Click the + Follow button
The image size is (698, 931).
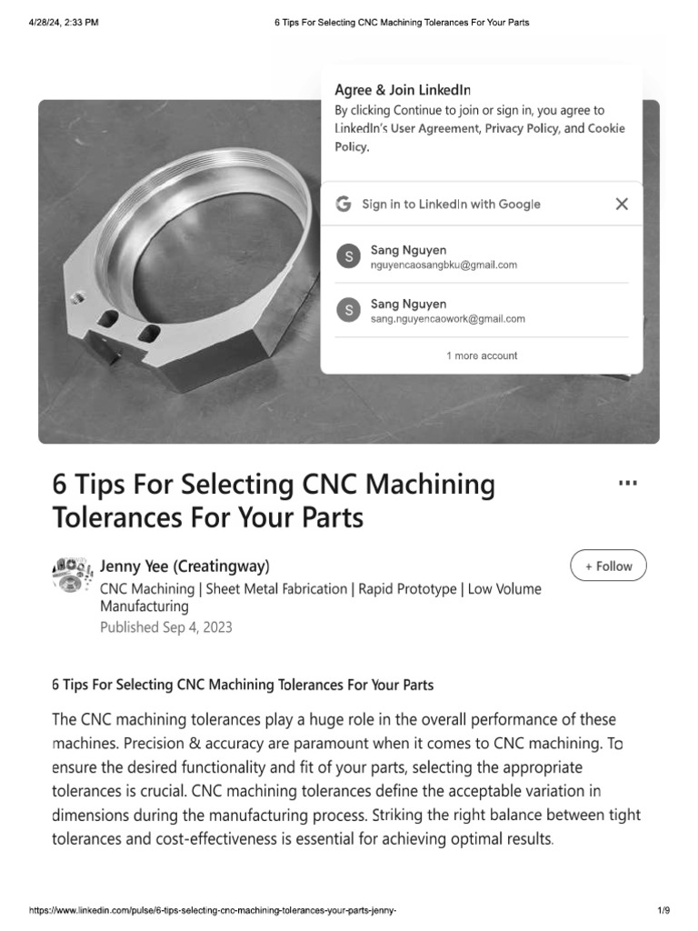(x=608, y=566)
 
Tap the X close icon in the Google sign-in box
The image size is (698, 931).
(x=622, y=205)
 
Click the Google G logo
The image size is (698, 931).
(x=344, y=205)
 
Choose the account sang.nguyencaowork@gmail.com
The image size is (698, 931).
(x=448, y=319)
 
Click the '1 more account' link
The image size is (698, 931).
(x=482, y=355)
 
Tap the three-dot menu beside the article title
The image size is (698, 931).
(x=627, y=483)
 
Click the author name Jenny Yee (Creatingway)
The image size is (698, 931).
(x=184, y=566)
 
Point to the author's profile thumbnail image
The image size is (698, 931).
(x=74, y=575)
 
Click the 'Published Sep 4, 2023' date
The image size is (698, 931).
(x=165, y=627)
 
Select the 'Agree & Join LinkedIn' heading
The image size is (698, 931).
(x=403, y=89)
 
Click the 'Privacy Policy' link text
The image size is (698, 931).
(x=522, y=128)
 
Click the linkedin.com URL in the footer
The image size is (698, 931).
(x=214, y=910)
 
